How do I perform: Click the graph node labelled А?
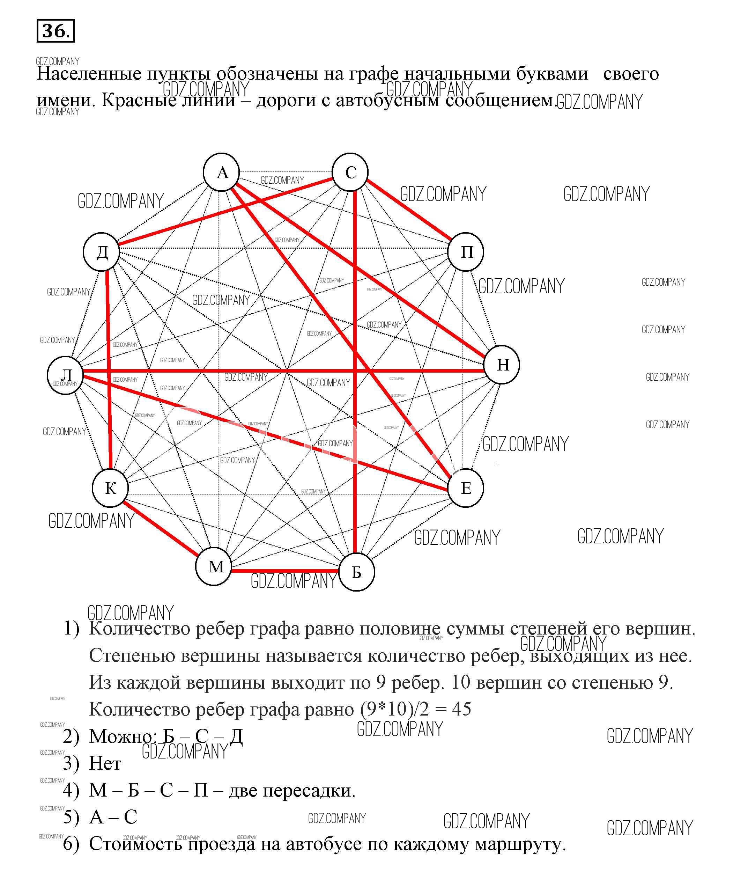click(221, 172)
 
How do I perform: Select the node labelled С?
click(350, 172)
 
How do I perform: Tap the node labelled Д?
click(101, 252)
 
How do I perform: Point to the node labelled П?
click(466, 252)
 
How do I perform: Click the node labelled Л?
click(65, 375)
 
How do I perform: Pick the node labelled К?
click(110, 488)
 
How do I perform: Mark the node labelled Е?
click(466, 488)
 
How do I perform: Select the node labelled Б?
click(357, 572)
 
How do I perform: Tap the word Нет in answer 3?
click(105, 764)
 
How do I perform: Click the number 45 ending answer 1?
click(461, 709)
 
